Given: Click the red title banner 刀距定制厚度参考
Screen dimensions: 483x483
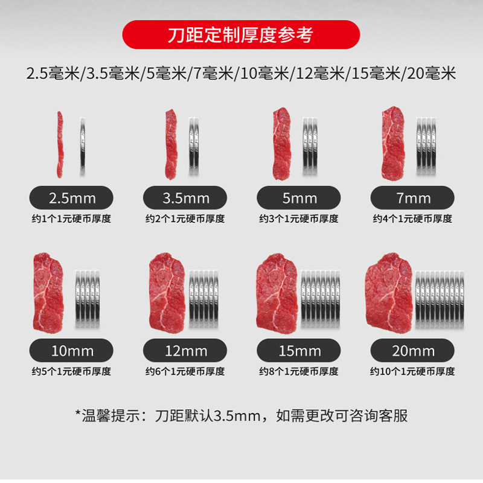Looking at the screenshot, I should click(x=241, y=34).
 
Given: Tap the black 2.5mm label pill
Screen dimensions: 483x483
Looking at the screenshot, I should click(x=72, y=197).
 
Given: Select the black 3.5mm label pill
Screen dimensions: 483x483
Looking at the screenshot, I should click(x=185, y=197).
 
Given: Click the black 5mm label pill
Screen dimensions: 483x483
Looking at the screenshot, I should click(x=299, y=197).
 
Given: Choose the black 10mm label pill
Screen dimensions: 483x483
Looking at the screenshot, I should click(x=72, y=350).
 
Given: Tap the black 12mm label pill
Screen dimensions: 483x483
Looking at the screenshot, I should click(x=185, y=350).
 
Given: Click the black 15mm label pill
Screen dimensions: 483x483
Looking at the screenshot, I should click(x=299, y=350).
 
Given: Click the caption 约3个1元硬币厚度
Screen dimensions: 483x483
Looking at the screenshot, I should click(x=299, y=219).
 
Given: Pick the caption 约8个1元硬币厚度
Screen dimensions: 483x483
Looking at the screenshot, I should click(x=299, y=371).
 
